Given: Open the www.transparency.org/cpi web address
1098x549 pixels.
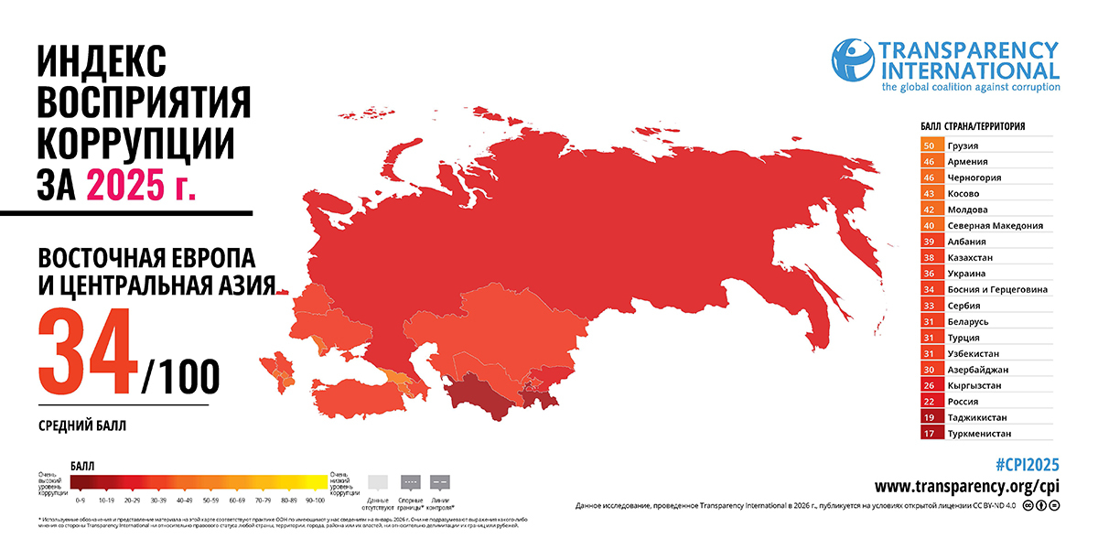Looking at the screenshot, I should (x=967, y=486).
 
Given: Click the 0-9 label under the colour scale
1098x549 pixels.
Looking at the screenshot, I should (x=81, y=501).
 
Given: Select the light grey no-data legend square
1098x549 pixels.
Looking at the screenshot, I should (x=378, y=481).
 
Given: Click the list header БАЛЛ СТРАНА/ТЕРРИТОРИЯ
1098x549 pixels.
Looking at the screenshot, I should (x=972, y=126).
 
